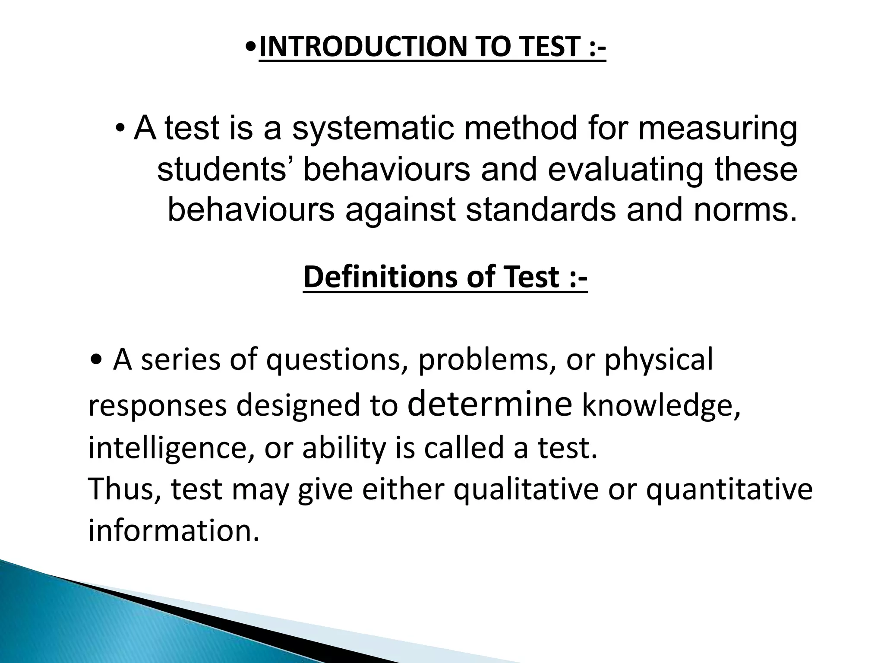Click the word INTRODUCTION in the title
362,47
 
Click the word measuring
717,129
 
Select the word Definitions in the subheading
380,277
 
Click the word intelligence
171,448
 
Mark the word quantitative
729,490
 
